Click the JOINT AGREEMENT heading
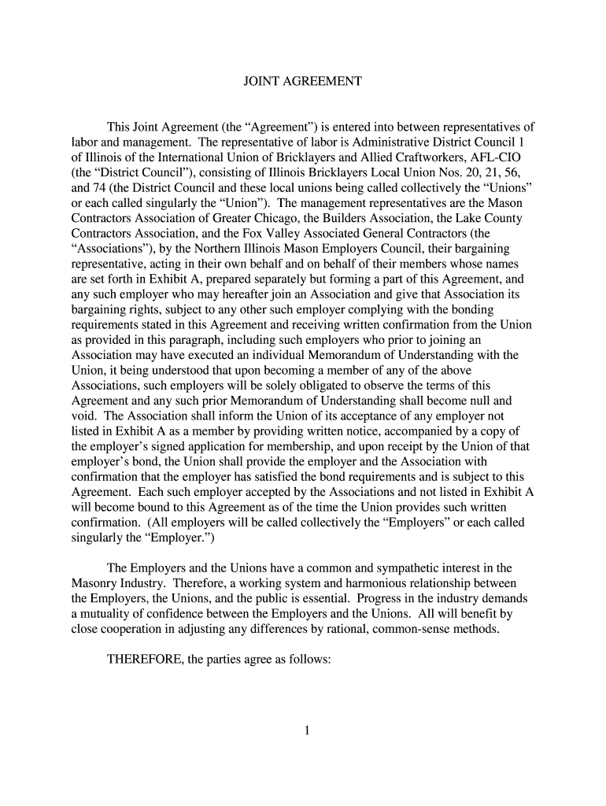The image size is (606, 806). click(x=302, y=81)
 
